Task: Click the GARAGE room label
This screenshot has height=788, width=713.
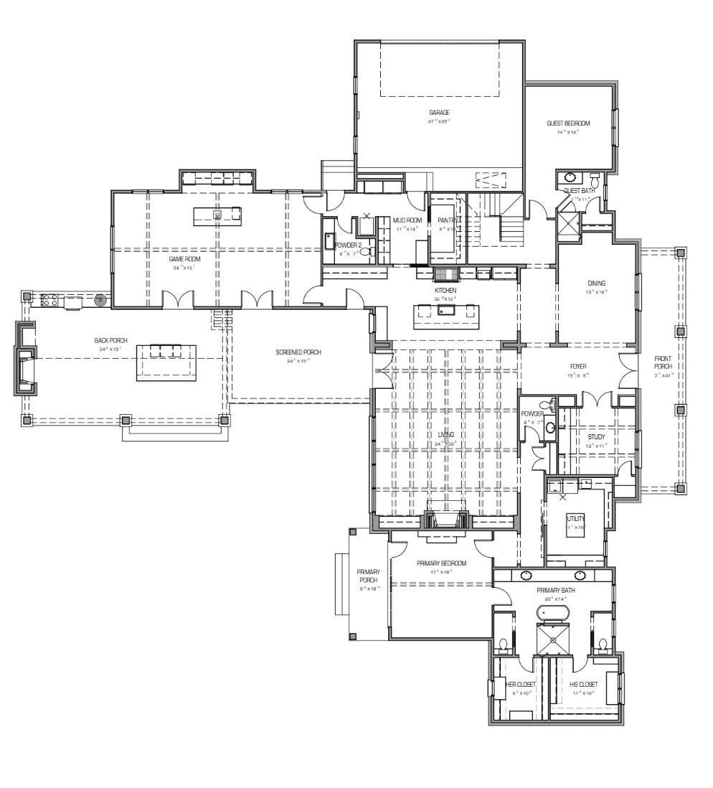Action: coord(439,113)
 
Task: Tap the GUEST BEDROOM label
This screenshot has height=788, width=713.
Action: coord(568,123)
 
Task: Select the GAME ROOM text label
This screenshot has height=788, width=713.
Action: coord(184,259)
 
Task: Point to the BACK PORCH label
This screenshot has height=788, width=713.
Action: coord(111,340)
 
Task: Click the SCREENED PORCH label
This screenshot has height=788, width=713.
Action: coord(298,352)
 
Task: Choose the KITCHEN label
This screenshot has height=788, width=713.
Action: coord(445,290)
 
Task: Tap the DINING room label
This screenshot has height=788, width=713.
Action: coord(596,283)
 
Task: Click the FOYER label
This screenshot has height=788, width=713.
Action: coord(579,366)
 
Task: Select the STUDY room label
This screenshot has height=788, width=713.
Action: coord(596,436)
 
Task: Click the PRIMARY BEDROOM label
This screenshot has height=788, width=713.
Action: coord(441,563)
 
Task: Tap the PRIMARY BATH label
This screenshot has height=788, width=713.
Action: coord(556,591)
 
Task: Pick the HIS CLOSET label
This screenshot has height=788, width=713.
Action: coord(583,685)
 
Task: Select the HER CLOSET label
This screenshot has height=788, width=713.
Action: coord(521,685)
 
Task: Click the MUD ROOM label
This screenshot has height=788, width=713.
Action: coord(407,220)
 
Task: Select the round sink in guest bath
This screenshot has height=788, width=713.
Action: coord(570,177)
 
